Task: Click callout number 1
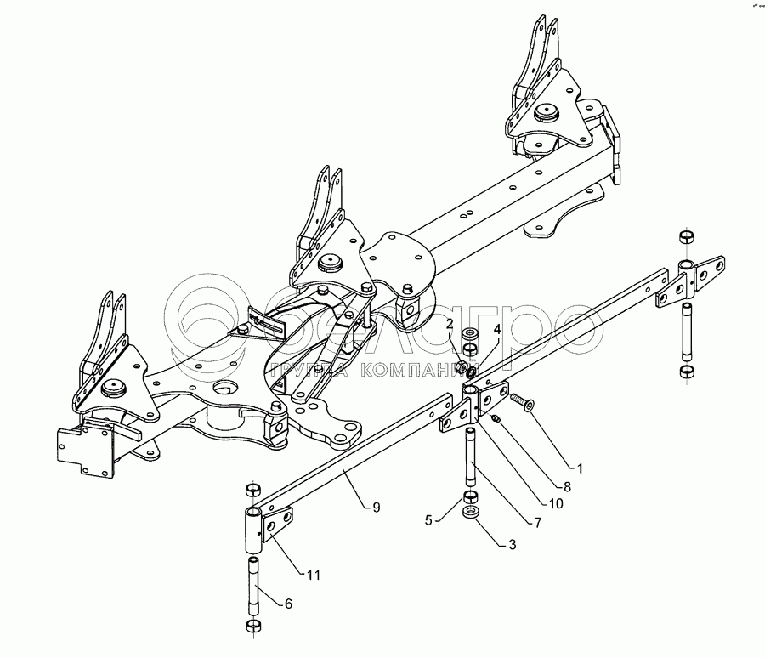pos(580,468)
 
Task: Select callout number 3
pos(512,545)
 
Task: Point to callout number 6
pos(288,604)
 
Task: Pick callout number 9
pos(376,507)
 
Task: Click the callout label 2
pos(450,324)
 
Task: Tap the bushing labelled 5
pos(470,496)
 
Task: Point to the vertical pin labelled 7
pos(469,455)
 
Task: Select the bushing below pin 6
pos(252,627)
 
